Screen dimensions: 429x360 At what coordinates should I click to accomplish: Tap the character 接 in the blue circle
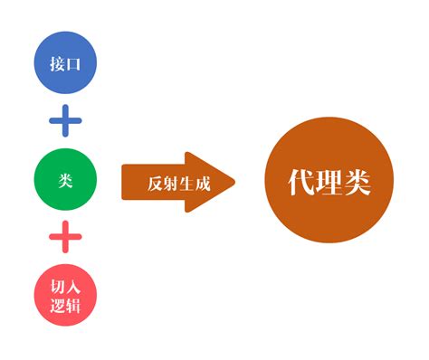click(56, 63)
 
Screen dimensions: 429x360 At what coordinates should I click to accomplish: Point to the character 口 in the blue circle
click(72, 63)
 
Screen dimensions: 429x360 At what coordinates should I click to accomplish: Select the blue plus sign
click(65, 120)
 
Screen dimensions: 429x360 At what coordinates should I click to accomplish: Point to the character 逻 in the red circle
click(56, 307)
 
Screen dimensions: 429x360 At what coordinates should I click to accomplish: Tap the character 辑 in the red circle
click(72, 307)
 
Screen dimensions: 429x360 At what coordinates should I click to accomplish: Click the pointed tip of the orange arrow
click(234, 182)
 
